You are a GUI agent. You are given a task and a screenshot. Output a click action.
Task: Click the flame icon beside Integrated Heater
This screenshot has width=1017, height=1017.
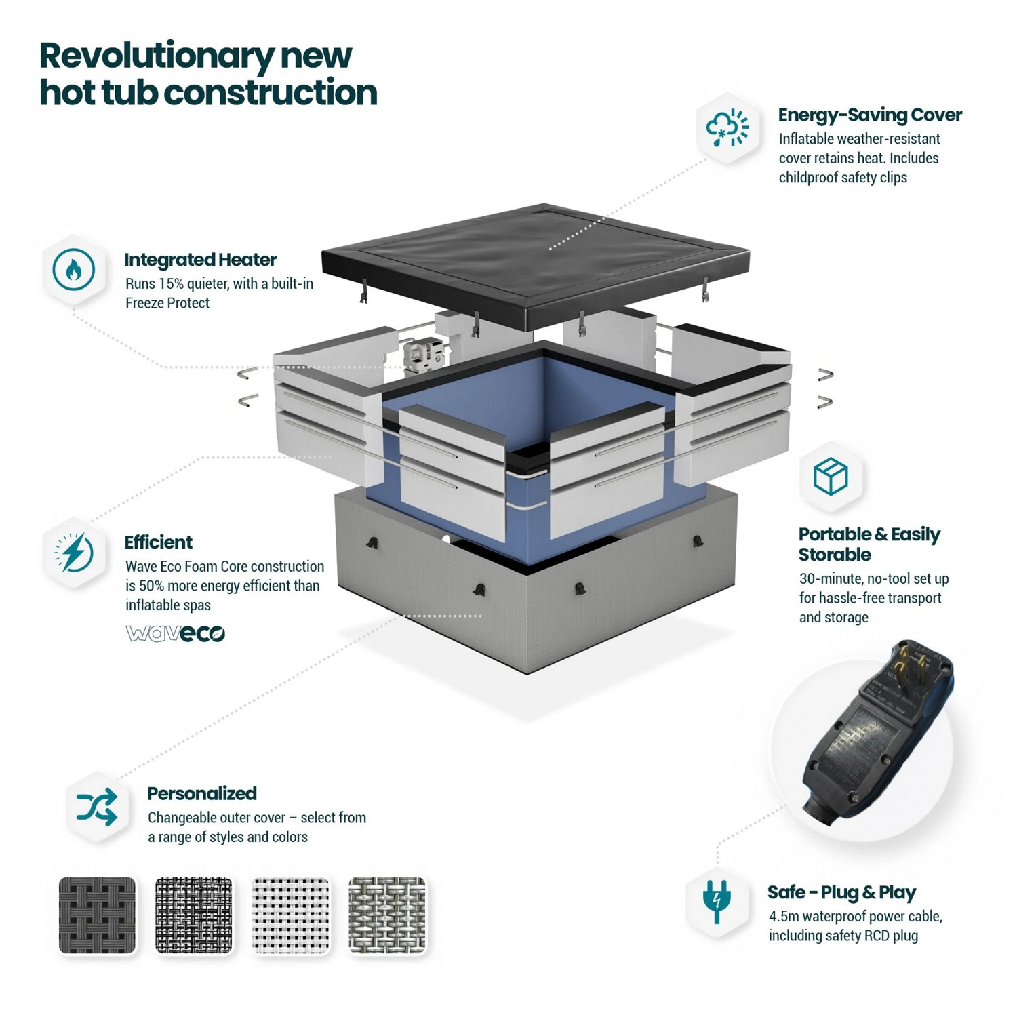(74, 269)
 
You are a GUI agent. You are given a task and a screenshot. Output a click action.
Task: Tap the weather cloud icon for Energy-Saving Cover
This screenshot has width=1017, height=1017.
(727, 127)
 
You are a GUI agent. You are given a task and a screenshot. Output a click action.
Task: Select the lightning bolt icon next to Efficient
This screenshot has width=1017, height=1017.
(74, 553)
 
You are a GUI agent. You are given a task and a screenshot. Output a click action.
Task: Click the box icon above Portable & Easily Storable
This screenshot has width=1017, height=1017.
(831, 476)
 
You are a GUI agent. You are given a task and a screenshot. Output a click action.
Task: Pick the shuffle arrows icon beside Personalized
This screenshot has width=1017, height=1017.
(97, 807)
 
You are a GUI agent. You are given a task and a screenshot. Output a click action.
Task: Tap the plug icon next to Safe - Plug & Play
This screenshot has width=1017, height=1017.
(717, 901)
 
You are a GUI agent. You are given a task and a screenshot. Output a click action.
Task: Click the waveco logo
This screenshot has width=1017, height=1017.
(175, 633)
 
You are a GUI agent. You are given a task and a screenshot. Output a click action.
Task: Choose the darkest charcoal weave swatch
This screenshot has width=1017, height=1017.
(97, 915)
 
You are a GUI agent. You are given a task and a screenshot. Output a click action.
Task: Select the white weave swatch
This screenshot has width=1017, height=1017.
(291, 915)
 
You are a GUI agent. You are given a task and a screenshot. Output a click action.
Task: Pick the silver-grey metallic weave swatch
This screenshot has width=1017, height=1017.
(387, 915)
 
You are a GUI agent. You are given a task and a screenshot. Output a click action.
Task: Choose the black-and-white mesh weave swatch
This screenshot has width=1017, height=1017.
(194, 915)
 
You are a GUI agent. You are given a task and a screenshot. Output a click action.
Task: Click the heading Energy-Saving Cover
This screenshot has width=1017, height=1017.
(870, 115)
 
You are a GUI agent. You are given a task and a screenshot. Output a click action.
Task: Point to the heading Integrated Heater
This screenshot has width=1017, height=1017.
(200, 260)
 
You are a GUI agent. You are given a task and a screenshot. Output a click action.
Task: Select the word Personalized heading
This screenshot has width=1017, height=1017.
(202, 794)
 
